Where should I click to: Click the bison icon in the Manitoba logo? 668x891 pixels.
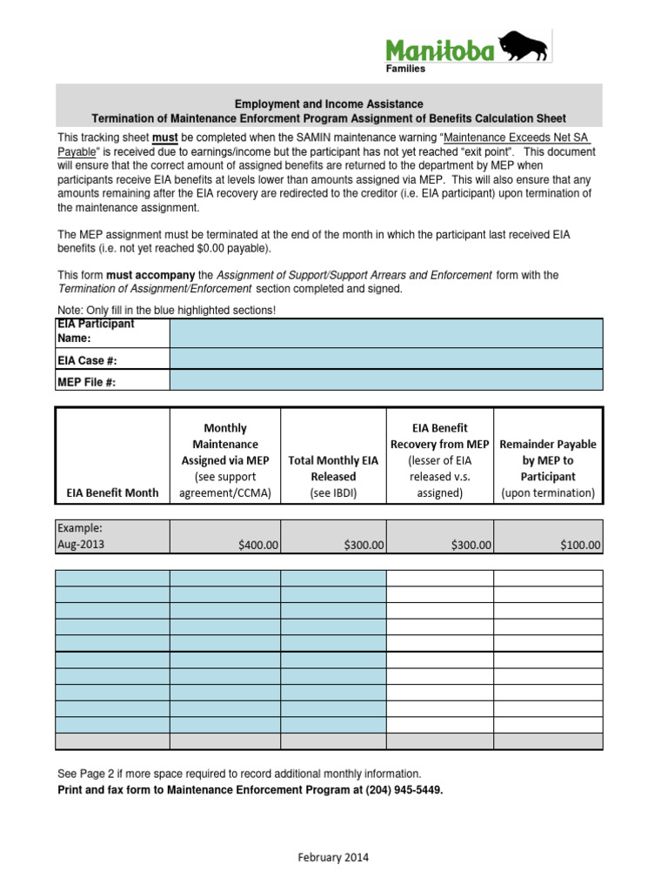[x=525, y=50]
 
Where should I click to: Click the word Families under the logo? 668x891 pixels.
[x=406, y=70]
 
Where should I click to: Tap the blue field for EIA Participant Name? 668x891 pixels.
[x=385, y=332]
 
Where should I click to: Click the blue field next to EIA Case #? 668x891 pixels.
[x=385, y=358]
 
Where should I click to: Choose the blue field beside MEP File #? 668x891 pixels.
[x=385, y=380]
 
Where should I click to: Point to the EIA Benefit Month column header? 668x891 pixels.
[x=112, y=492]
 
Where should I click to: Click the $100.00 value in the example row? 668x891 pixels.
[x=578, y=546]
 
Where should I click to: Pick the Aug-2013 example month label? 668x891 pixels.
[x=80, y=545]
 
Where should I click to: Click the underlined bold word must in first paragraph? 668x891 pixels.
[x=166, y=137]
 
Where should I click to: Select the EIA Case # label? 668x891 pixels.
[x=87, y=358]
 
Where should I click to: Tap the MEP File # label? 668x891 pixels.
[x=87, y=380]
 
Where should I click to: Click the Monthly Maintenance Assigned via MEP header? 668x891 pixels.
[x=224, y=460]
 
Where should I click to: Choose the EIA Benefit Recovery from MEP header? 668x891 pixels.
[x=439, y=460]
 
